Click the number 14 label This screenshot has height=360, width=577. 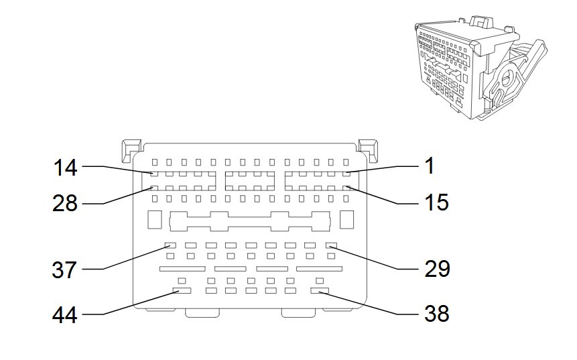(65, 168)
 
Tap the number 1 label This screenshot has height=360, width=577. (429, 166)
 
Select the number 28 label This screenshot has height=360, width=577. (65, 203)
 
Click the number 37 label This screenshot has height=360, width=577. (65, 271)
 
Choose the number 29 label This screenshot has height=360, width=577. (436, 269)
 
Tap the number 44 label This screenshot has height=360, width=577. (65, 314)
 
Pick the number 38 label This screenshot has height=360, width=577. (436, 312)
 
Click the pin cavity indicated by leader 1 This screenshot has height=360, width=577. (346, 175)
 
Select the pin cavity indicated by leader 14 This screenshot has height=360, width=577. (154, 175)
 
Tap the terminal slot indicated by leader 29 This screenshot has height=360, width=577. (330, 245)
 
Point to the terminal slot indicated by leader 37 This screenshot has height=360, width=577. (170, 245)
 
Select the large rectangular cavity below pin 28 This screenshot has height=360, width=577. (153, 220)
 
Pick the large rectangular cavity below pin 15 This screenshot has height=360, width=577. (346, 220)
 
